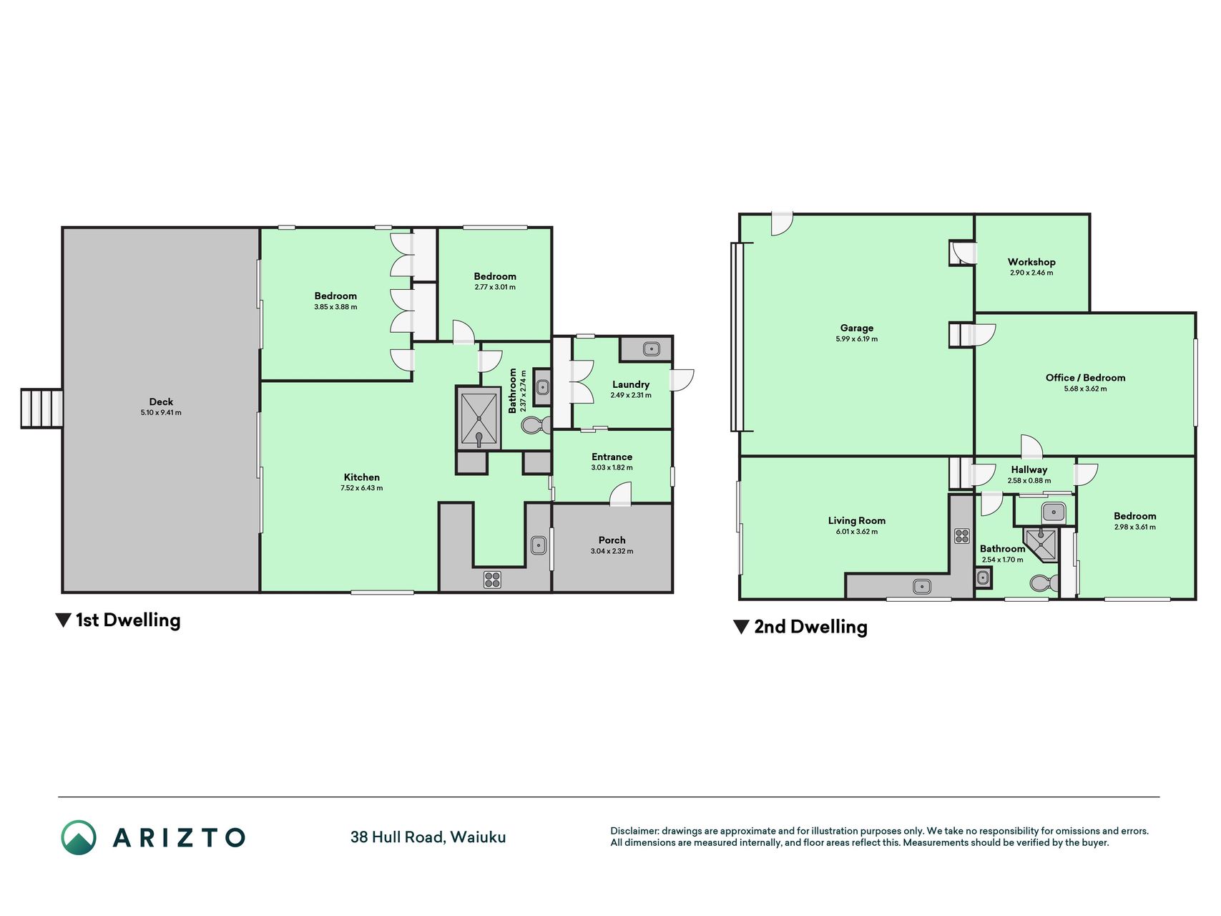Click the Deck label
tap(161, 402)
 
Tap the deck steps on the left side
tap(41, 409)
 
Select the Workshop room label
tap(1031, 262)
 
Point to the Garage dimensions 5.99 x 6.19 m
tap(856, 339)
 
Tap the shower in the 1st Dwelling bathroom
tap(479, 418)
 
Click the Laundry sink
tap(651, 349)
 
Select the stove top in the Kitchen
tap(492, 579)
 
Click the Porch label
tap(612, 540)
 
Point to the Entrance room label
tap(612, 457)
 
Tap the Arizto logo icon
tap(79, 837)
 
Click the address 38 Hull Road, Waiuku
tap(428, 837)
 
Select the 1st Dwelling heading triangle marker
tap(63, 620)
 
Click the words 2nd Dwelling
tap(810, 627)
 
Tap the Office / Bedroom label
tap(1085, 378)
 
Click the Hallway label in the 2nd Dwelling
tap(1029, 470)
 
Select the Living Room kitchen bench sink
tap(922, 587)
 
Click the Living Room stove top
tap(961, 535)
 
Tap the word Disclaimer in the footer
tap(634, 831)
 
